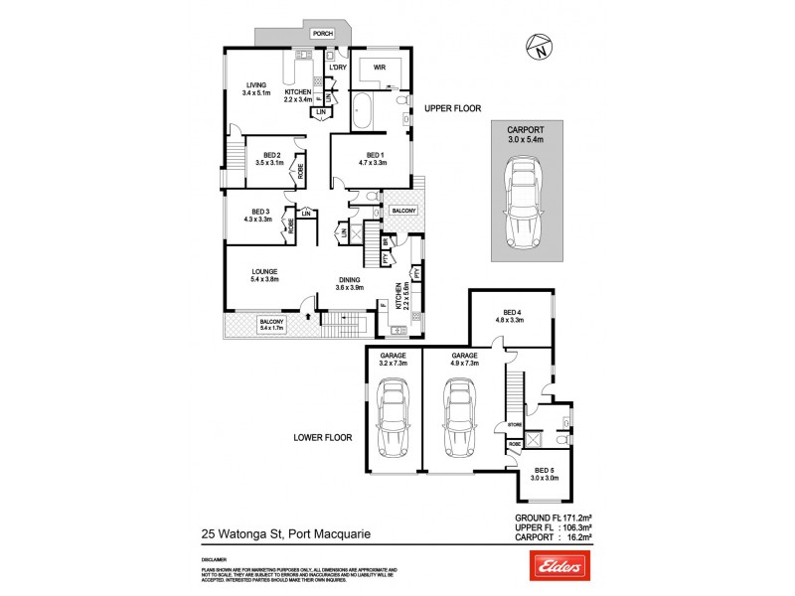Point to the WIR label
(379, 68)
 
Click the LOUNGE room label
(263, 270)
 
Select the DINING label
(349, 281)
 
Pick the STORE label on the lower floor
(514, 424)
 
